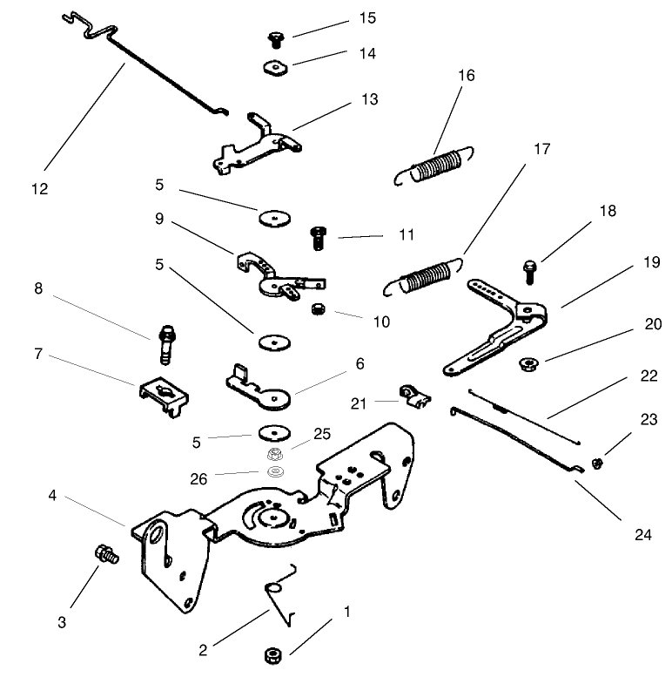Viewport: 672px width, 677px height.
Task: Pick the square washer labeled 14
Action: [x=275, y=66]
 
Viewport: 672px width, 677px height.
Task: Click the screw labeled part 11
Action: [x=318, y=236]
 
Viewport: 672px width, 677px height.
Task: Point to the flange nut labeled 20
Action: [x=528, y=362]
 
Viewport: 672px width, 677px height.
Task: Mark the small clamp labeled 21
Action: [x=412, y=396]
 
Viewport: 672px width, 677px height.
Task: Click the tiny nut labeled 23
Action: [x=598, y=463]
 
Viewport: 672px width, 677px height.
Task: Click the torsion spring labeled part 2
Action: [x=280, y=597]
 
